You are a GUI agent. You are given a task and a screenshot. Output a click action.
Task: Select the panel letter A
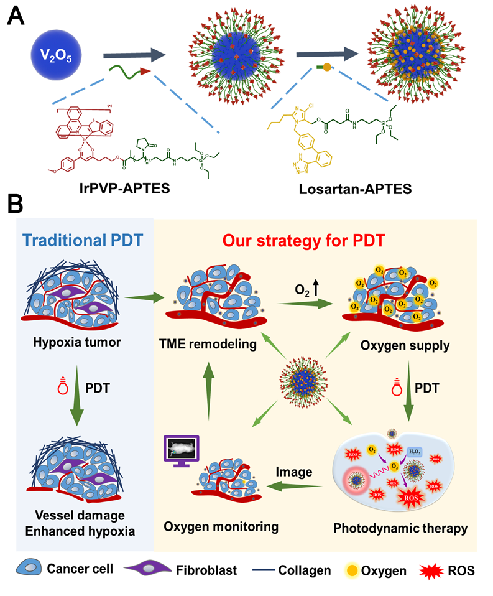pyautogui.click(x=17, y=15)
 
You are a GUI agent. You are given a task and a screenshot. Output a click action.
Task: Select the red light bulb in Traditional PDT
pyautogui.click(x=60, y=390)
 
